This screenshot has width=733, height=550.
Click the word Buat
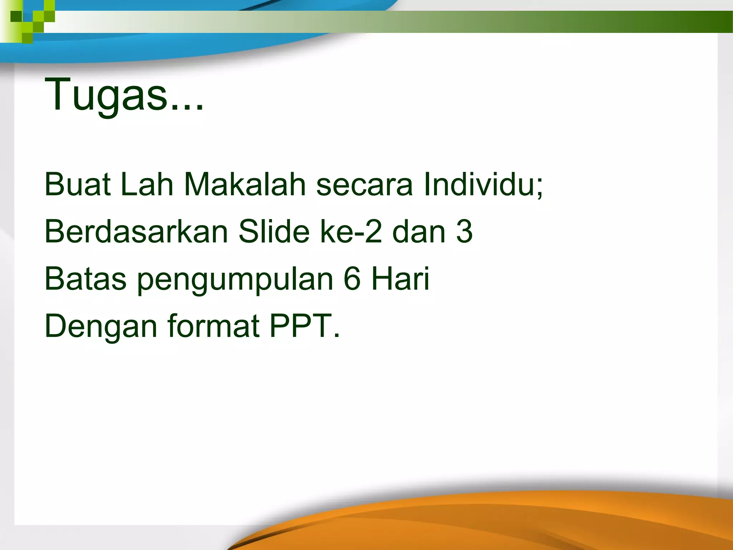pyautogui.click(x=77, y=184)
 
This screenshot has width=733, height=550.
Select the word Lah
pyautogui.click(x=147, y=184)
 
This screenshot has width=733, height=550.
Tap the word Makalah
pyautogui.click(x=245, y=184)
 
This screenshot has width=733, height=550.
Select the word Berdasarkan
pyautogui.click(x=136, y=232)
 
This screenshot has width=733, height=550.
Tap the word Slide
pyautogui.click(x=274, y=232)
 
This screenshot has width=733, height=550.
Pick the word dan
pyautogui.click(x=419, y=232)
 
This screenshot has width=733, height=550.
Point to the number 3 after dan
pyautogui.click(x=464, y=232)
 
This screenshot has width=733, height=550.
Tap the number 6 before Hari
pyautogui.click(x=352, y=279)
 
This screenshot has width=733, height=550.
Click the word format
pyautogui.click(x=213, y=326)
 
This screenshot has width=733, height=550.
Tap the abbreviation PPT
pyautogui.click(x=300, y=326)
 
